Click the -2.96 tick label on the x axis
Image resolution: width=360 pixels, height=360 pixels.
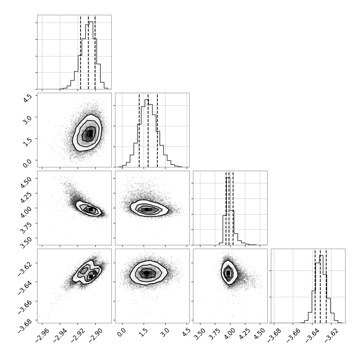42,336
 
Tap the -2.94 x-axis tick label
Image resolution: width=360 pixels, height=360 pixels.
60,336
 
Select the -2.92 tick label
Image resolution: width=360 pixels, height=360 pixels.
78,336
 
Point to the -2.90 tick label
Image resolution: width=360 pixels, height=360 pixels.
96,336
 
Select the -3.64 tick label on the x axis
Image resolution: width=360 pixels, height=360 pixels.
312,336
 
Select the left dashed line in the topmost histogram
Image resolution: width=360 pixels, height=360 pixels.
81,52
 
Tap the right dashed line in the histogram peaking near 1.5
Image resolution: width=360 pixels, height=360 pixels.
157,130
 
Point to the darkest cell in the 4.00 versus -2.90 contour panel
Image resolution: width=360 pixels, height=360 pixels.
91,209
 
